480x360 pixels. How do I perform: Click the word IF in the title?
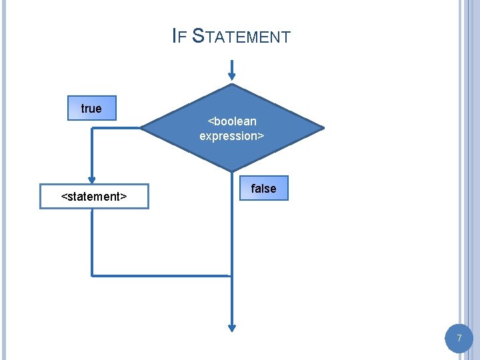pyautogui.click(x=178, y=36)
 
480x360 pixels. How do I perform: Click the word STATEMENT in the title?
pyautogui.click(x=241, y=36)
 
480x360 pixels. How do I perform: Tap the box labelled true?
pyautogui.click(x=92, y=108)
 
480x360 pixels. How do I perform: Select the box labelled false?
pyautogui.click(x=263, y=189)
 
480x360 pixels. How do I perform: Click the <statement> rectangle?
pyautogui.click(x=94, y=197)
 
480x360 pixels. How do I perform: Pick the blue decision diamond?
pyautogui.click(x=232, y=127)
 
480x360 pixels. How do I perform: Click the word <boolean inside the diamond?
pyautogui.click(x=232, y=121)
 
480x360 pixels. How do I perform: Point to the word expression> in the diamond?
pyautogui.click(x=232, y=135)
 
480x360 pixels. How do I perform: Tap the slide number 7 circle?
pyautogui.click(x=459, y=339)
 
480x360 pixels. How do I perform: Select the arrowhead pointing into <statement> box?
pyautogui.click(x=92, y=179)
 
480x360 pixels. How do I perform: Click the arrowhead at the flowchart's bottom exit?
pyautogui.click(x=232, y=327)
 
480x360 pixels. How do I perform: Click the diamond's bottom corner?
pyautogui.click(x=232, y=171)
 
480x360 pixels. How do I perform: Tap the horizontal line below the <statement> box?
pyautogui.click(x=160, y=275)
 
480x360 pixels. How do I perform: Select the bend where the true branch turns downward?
pyautogui.click(x=92, y=128)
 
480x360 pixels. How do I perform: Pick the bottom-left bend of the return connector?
pyautogui.click(x=92, y=275)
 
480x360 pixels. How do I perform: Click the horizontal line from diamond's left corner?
pyautogui.click(x=117, y=128)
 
